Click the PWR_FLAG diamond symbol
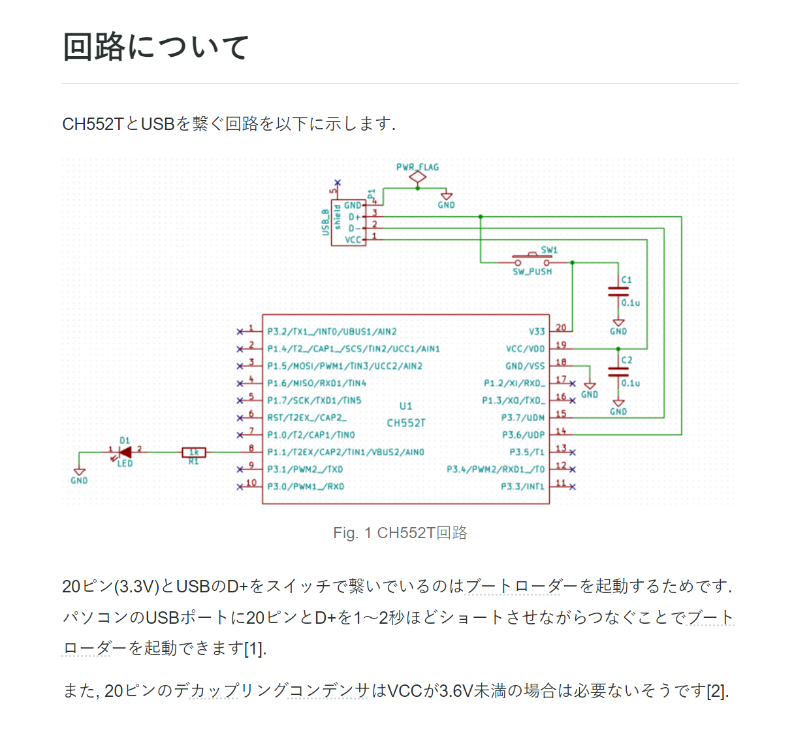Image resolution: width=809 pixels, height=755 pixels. pos(417,178)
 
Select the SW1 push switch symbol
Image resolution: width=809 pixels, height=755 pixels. pos(532,259)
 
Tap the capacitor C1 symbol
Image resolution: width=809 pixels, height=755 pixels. pos(618,291)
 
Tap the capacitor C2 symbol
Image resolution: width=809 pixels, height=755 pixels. pos(618,372)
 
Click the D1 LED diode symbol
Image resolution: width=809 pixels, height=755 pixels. pos(125,452)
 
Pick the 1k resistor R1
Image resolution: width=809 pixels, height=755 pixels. pos(194,452)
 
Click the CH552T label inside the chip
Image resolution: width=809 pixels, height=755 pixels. pos(406,423)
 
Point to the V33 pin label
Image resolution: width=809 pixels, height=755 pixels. pos(537,331)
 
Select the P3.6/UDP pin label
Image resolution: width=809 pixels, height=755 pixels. pos(524,435)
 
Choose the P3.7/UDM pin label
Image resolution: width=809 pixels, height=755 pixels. pos(523,418)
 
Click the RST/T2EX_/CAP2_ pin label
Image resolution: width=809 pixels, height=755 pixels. pos(307,418)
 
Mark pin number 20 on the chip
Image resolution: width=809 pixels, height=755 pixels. pos(561,327)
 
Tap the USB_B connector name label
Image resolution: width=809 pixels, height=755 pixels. pos(325,223)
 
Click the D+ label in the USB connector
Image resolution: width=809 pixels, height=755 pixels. pos(355,217)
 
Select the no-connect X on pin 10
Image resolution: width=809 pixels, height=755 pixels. pos(240,487)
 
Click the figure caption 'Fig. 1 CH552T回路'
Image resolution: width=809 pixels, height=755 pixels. pos(400,533)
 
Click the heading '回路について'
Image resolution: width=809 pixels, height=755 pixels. pos(155,47)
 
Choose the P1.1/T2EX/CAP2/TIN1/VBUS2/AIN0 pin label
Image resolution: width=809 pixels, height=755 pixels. pos(346,452)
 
